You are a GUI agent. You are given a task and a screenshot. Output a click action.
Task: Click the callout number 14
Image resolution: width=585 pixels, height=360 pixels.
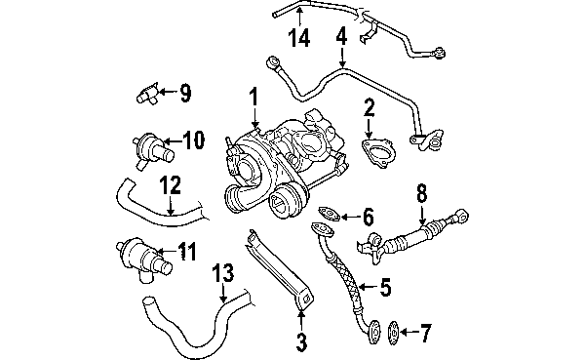[x=299, y=38]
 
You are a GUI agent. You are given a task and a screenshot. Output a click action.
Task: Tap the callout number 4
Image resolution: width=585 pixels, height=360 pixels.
[x=341, y=35]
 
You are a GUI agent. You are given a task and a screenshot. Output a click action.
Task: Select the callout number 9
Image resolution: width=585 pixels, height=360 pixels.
[x=185, y=93]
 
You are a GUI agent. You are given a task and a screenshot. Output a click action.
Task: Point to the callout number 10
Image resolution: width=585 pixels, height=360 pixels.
[x=194, y=140]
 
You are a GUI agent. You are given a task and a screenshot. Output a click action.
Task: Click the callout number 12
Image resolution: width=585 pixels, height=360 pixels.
[x=170, y=184]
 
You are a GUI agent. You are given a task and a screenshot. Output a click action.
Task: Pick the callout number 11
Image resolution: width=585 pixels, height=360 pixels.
[x=186, y=251]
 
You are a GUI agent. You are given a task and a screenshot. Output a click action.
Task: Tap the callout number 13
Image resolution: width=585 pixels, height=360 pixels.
[x=223, y=272]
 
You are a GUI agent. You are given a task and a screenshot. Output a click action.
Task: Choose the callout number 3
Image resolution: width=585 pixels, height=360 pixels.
[x=301, y=342]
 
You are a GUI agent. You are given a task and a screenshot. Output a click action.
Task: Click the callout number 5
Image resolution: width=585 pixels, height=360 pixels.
[x=385, y=287]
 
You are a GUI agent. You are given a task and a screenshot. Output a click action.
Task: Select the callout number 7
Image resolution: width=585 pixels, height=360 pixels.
[x=425, y=332]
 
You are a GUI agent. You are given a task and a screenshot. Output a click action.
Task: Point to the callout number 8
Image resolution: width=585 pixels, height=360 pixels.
[x=421, y=193]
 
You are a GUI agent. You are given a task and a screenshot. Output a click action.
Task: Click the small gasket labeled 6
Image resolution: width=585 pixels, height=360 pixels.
[x=330, y=214]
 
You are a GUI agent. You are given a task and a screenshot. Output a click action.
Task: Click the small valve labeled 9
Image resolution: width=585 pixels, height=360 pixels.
[x=147, y=94]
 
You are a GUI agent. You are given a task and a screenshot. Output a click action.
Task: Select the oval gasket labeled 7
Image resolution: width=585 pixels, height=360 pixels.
[x=394, y=333]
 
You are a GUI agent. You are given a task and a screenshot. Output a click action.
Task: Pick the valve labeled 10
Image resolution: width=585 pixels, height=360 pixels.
[x=152, y=151]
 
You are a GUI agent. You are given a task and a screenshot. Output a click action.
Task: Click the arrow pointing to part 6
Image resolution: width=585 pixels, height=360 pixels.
[x=349, y=217]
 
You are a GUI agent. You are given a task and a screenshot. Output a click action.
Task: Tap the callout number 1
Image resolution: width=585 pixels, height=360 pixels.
[x=253, y=97]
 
